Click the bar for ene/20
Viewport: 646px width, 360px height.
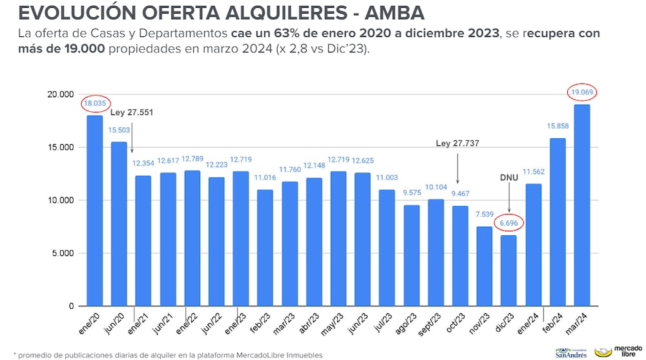pyautogui.click(x=95, y=210)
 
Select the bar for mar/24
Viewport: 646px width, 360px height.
pyautogui.click(x=581, y=205)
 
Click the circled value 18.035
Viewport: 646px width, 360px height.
pyautogui.click(x=96, y=103)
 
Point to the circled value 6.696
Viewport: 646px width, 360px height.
pyautogui.click(x=508, y=223)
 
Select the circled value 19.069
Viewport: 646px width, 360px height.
pyautogui.click(x=581, y=92)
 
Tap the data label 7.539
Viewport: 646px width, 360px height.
pyautogui.click(x=484, y=215)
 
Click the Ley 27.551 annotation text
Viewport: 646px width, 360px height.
pyautogui.click(x=132, y=112)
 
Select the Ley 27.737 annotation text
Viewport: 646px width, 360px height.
pyautogui.click(x=459, y=143)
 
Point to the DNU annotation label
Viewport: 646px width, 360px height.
pyautogui.click(x=508, y=178)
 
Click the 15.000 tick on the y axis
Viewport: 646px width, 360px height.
pyautogui.click(x=61, y=147)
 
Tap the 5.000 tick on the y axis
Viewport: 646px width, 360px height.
pyautogui.click(x=63, y=253)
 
